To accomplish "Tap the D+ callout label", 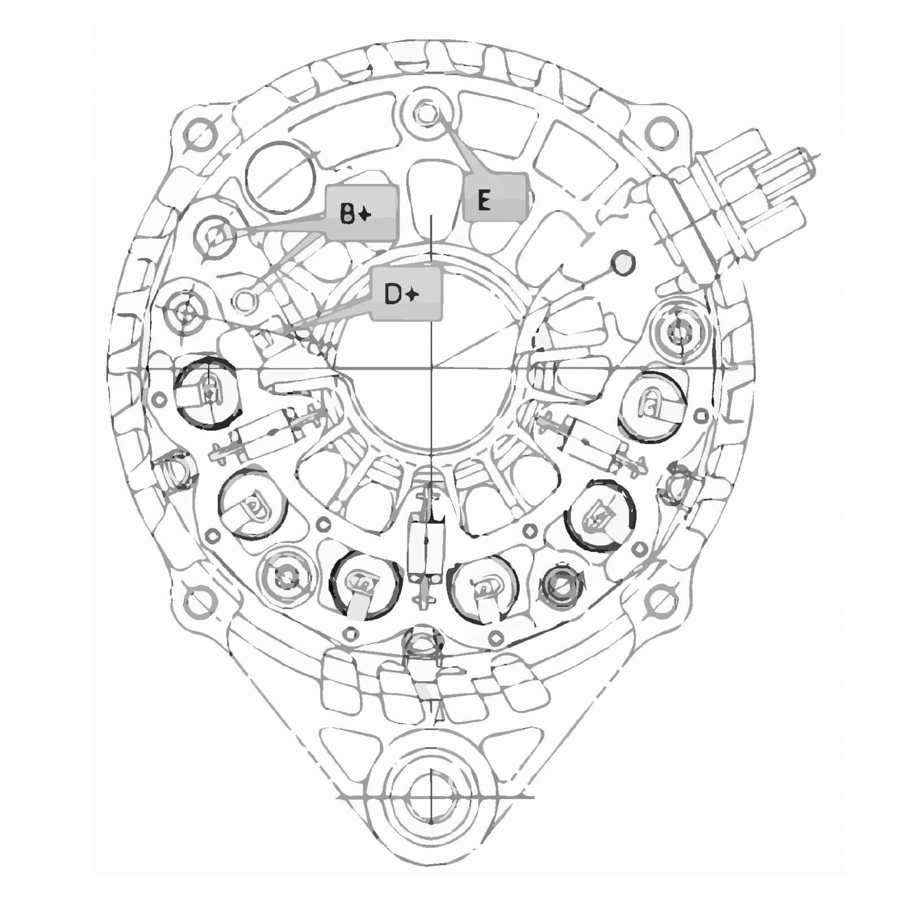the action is [405, 293].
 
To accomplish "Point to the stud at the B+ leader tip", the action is [214, 237].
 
